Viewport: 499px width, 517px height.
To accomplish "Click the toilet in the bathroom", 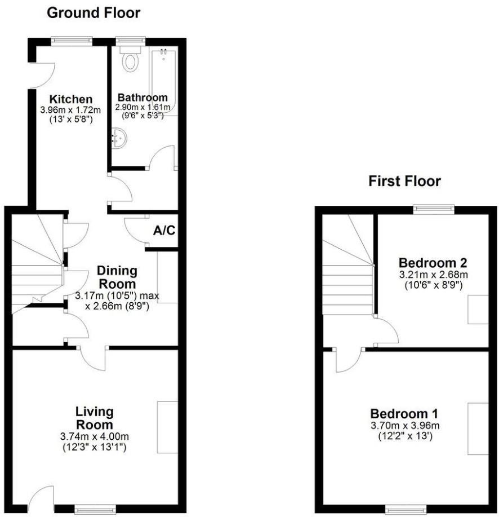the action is coord(131,59).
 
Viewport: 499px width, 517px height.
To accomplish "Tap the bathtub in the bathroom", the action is coord(164,81).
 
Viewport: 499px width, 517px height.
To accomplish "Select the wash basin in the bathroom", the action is coord(119,139).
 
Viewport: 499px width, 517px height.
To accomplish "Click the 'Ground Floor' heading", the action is coord(93,13).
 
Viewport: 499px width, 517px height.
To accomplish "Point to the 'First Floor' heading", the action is coord(404,182).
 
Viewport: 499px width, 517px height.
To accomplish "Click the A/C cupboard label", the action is coord(164,231).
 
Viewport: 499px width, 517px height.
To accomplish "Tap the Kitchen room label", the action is coord(71,99).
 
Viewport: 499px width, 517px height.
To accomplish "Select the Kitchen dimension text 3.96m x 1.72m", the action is coord(70,110).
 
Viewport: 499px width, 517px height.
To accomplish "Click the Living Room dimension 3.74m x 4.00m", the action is coord(95,436).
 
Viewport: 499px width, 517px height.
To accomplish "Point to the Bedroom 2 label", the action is coord(433,263).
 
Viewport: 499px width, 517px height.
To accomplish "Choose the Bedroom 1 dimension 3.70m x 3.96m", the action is coord(405,425).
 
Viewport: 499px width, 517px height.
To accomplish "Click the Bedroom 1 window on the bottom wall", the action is coord(406,508).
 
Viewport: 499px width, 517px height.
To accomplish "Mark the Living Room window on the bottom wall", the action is coord(95,508).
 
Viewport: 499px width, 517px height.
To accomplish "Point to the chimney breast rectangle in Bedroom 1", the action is coord(478,429).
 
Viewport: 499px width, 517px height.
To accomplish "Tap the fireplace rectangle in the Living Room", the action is coord(168,427).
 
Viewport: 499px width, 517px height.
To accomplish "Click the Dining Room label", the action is coord(117,277).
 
